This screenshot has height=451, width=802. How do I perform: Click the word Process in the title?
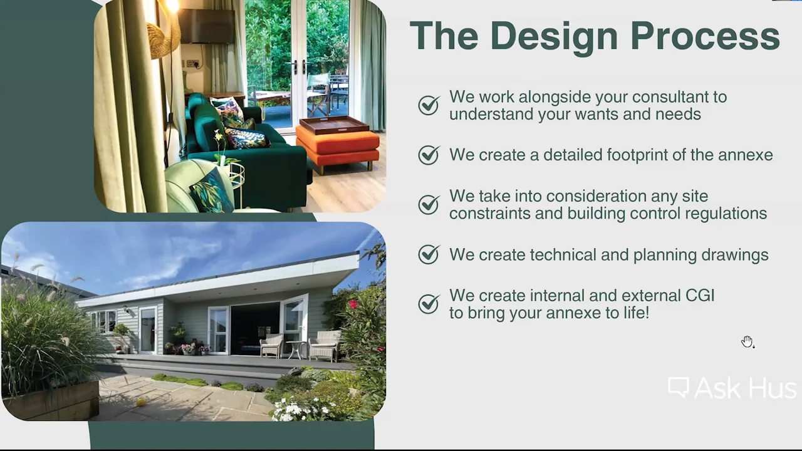click(x=705, y=36)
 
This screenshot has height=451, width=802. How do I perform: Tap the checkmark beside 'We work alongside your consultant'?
click(x=429, y=105)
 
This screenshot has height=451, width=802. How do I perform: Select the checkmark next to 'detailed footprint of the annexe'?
click(x=429, y=155)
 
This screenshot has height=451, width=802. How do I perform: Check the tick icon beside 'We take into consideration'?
click(x=429, y=204)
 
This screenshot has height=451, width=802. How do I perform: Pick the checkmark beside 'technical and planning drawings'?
click(x=429, y=254)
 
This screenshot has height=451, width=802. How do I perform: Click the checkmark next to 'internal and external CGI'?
click(x=429, y=304)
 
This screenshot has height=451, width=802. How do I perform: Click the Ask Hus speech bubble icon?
click(x=679, y=387)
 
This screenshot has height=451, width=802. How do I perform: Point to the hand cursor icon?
click(x=747, y=341)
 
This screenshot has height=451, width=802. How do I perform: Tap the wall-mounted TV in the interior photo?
click(x=206, y=27)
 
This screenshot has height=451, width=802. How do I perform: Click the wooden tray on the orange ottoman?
click(x=334, y=125)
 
